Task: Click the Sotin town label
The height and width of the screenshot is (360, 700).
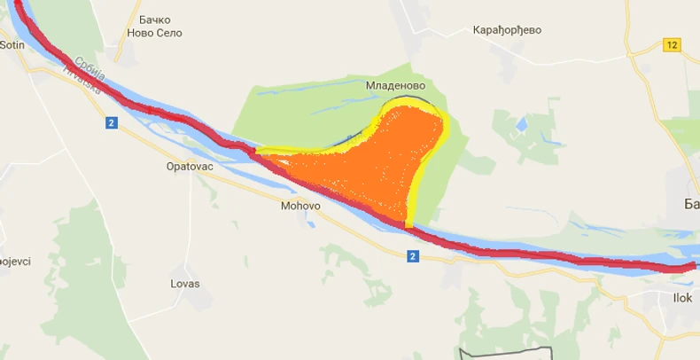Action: coord(11,43)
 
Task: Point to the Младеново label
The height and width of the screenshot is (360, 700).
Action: coord(395,87)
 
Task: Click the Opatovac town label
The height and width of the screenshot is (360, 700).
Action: coord(191,166)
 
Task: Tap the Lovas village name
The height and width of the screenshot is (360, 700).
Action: coord(185,284)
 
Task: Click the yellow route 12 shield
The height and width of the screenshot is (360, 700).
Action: coord(672,44)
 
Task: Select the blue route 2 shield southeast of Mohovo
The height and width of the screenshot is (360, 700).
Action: coord(413,256)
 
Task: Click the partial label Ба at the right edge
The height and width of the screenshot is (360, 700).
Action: coord(691,205)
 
